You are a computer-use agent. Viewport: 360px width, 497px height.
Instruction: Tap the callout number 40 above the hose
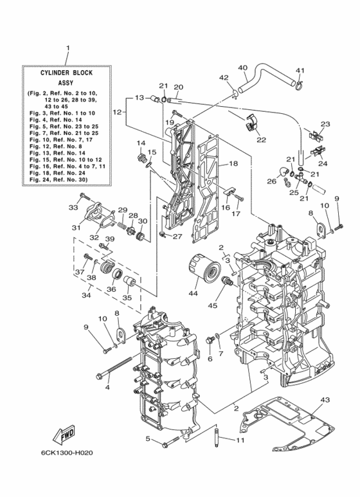[x=242, y=68]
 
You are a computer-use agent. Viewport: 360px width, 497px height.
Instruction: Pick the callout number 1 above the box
[x=67, y=48]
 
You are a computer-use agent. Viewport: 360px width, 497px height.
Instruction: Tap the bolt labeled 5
[x=168, y=442]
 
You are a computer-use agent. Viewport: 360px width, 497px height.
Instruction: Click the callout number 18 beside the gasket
[x=232, y=164]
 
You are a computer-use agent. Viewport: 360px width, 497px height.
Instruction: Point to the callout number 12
[x=117, y=112]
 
